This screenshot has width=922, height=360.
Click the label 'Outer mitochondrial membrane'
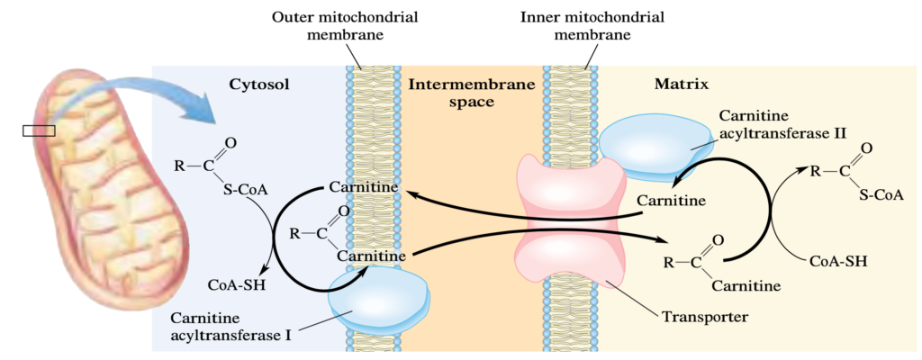[345, 26]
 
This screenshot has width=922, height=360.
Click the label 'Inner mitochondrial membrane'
[592, 26]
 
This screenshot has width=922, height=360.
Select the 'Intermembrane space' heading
[472, 93]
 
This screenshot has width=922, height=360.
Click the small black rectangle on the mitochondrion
[39, 130]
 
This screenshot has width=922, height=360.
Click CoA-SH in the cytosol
[237, 286]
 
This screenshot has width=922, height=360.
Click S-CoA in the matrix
[881, 196]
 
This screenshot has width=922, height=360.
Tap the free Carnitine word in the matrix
[672, 201]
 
